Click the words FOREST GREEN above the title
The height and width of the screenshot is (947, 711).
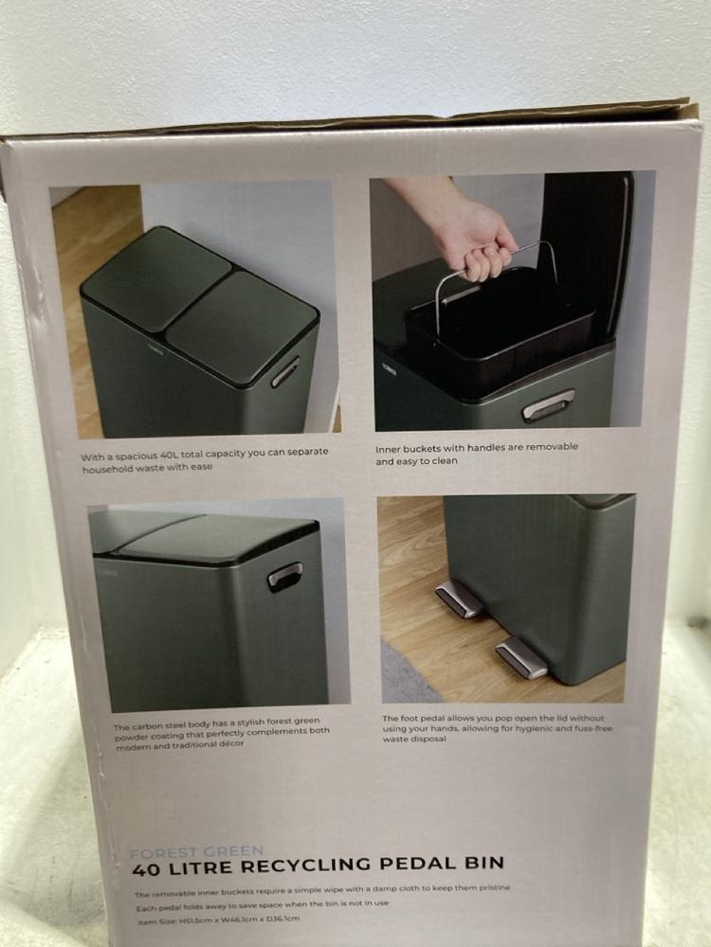197,850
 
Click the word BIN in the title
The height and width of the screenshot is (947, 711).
482,862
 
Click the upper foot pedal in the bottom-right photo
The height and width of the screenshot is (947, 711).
459,599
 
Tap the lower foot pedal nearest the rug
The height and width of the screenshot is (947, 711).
521,656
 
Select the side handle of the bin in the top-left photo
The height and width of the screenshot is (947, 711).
285,371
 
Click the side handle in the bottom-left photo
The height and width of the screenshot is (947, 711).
284,575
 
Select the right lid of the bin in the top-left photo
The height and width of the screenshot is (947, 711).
242,327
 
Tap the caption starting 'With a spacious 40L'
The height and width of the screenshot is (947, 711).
204,460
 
